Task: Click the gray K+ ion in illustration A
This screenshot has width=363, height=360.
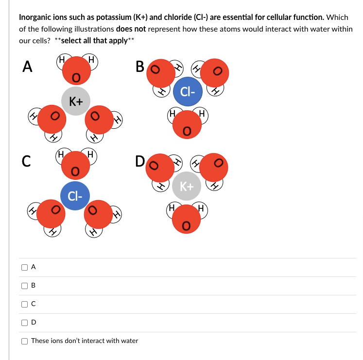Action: coord(76,101)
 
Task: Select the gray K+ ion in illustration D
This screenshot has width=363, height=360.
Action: coord(187,186)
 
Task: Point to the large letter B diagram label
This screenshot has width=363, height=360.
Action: coord(140,67)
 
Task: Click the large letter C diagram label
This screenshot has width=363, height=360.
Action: coord(27,160)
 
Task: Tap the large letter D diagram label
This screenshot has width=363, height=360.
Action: coord(140,160)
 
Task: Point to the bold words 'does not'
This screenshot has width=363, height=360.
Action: coord(131,29)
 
